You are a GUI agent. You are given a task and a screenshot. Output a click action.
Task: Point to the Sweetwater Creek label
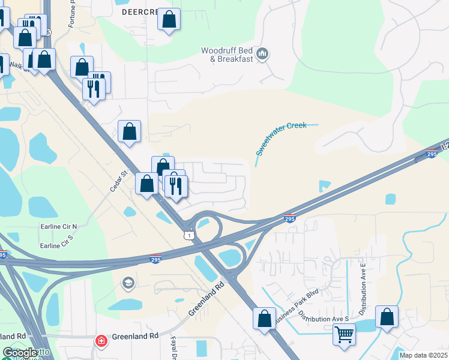coord(281,139)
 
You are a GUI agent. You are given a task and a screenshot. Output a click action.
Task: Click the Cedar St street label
coord(119,181)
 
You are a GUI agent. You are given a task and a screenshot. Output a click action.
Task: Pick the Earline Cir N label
coord(59,226)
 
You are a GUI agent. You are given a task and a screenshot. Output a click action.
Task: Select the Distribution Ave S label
coord(324,318)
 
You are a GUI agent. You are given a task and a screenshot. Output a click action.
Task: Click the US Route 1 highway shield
coord(190,236)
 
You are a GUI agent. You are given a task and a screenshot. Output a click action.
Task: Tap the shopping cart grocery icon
coord(345,334)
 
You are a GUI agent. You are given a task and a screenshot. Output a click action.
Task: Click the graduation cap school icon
coord(128,282)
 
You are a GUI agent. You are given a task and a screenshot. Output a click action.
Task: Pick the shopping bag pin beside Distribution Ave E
coord(387,316)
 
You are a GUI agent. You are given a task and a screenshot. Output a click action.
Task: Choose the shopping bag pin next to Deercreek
coord(169,20)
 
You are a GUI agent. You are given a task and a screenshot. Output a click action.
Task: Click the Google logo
coord(20,353)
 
